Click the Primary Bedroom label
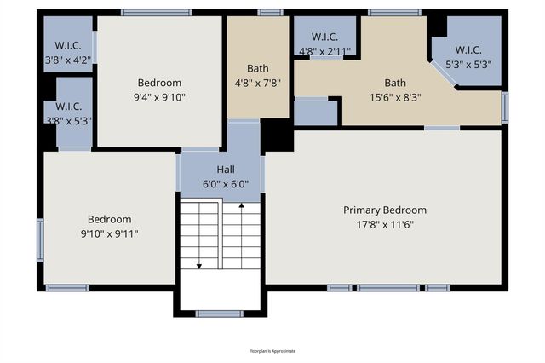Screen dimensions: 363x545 (384, 210)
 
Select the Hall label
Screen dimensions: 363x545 (225, 170)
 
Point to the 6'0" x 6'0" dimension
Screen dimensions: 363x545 (225, 183)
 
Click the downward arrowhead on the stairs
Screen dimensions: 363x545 (199, 266)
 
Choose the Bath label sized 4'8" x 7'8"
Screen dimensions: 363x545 (257, 68)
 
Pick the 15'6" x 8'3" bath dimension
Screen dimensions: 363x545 (394, 97)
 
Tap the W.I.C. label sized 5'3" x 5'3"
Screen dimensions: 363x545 (468, 50)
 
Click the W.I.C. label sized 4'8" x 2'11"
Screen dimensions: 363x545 (324, 37)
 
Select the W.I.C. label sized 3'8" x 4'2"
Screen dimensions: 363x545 (68, 45)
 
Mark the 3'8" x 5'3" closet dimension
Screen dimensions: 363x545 (68, 120)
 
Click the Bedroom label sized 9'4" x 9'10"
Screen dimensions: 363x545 (159, 83)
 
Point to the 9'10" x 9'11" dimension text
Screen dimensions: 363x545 (109, 233)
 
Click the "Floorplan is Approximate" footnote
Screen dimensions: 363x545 (272, 350)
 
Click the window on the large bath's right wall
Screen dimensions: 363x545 (505, 107)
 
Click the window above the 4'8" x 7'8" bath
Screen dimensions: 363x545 (270, 13)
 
